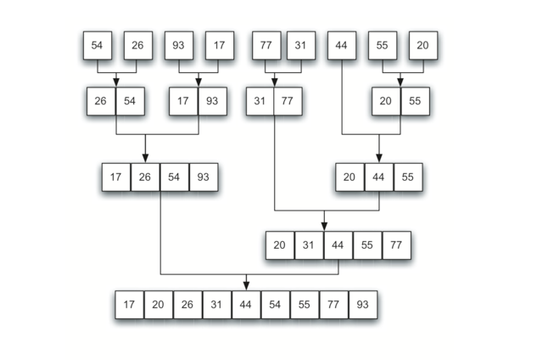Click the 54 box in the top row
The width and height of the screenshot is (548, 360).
(97, 45)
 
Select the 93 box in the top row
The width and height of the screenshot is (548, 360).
(179, 45)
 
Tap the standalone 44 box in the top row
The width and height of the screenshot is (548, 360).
(342, 45)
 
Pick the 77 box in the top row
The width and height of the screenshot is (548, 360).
(266, 45)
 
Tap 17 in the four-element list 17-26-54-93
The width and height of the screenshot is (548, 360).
(115, 177)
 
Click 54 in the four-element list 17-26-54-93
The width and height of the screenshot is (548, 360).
(174, 177)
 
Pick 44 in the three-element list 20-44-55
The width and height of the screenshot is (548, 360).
(378, 177)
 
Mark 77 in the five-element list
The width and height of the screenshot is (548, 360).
(396, 245)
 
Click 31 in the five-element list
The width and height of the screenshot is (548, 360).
(309, 245)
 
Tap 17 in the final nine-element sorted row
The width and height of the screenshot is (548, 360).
(129, 305)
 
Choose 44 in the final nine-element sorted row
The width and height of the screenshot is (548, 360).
(246, 305)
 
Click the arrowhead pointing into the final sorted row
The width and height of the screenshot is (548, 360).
(246, 286)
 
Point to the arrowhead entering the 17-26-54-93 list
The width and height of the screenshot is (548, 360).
(145, 157)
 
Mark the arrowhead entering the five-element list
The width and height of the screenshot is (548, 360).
(323, 226)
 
